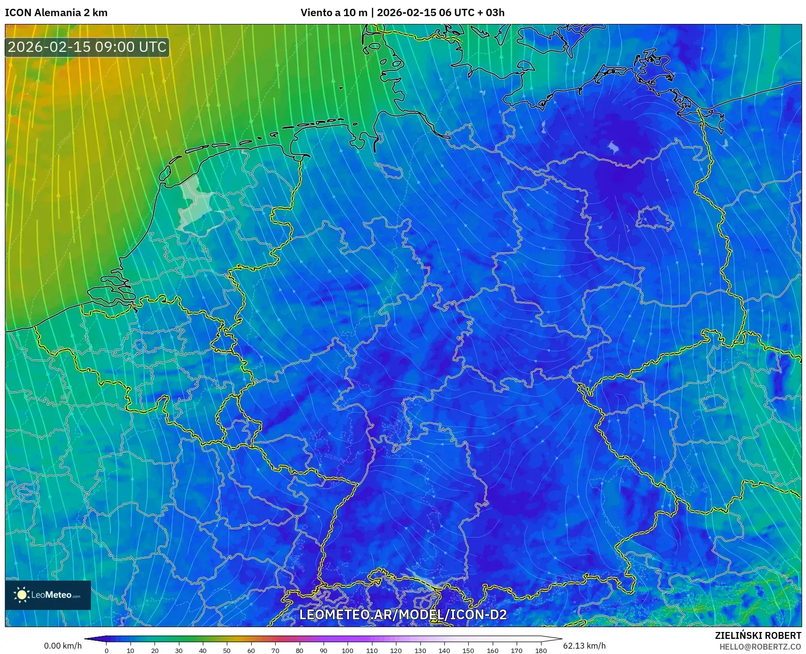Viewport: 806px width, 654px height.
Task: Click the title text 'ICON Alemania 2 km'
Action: coord(56,13)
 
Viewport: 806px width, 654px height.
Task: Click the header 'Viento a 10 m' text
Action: coord(333,13)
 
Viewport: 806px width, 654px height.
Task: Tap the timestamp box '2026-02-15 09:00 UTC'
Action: coord(87,47)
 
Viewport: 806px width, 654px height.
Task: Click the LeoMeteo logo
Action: coord(48,595)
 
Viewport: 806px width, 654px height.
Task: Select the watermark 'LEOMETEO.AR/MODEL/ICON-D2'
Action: coord(403,614)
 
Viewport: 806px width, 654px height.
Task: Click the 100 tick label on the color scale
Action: coord(347,650)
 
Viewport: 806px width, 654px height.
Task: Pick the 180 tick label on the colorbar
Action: coord(541,650)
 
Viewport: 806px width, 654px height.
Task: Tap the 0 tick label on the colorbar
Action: coord(107,650)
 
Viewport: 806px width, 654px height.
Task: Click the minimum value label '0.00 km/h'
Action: coord(63,646)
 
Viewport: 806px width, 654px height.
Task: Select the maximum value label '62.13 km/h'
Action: coord(584,646)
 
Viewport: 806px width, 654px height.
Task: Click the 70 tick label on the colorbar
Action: coord(275,650)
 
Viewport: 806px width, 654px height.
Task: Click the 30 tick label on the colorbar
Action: coord(179,650)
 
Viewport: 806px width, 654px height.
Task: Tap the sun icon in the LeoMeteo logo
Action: coord(22,595)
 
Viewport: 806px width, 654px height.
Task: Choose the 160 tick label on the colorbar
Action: coord(492,650)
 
